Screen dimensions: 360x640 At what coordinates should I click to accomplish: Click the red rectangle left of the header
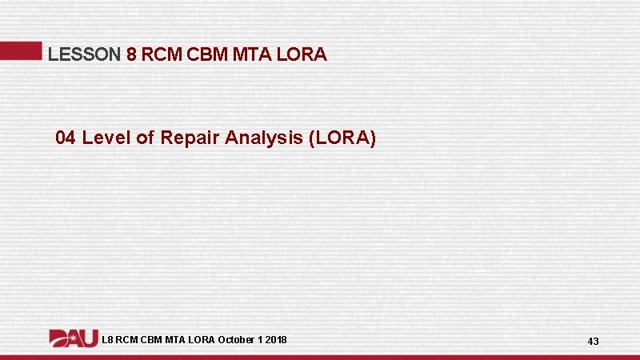20,51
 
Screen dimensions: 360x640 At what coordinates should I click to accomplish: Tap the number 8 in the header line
132,54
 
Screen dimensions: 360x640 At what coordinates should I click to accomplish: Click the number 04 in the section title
66,138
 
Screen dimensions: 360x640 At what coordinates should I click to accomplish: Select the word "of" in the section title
145,138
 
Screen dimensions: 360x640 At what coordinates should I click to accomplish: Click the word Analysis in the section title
262,138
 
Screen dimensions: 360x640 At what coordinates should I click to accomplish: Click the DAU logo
74,338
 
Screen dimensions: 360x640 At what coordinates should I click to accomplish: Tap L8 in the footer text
108,340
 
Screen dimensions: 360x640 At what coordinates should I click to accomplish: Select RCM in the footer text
130,340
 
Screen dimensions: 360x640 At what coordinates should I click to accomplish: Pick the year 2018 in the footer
276,340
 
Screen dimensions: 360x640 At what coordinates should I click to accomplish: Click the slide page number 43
593,342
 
